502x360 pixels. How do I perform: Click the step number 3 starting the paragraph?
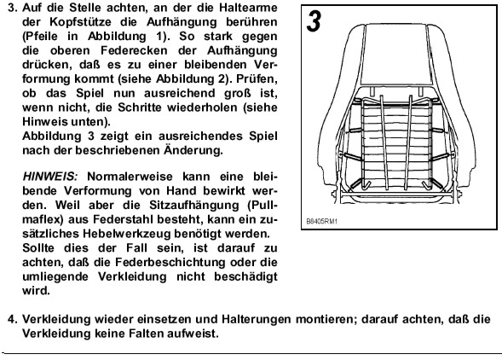[x=12, y=8]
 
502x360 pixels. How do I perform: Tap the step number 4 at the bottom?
[x=12, y=319]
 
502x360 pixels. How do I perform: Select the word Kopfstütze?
[x=81, y=22]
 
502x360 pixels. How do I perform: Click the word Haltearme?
[x=248, y=8]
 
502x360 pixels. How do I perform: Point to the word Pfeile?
[x=40, y=37]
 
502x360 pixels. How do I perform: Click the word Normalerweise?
[x=130, y=177]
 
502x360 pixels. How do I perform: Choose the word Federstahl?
[x=123, y=219]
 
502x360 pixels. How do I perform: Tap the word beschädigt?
[x=245, y=276]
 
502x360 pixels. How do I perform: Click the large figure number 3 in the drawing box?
[x=314, y=21]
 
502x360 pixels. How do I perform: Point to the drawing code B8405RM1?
[x=322, y=222]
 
